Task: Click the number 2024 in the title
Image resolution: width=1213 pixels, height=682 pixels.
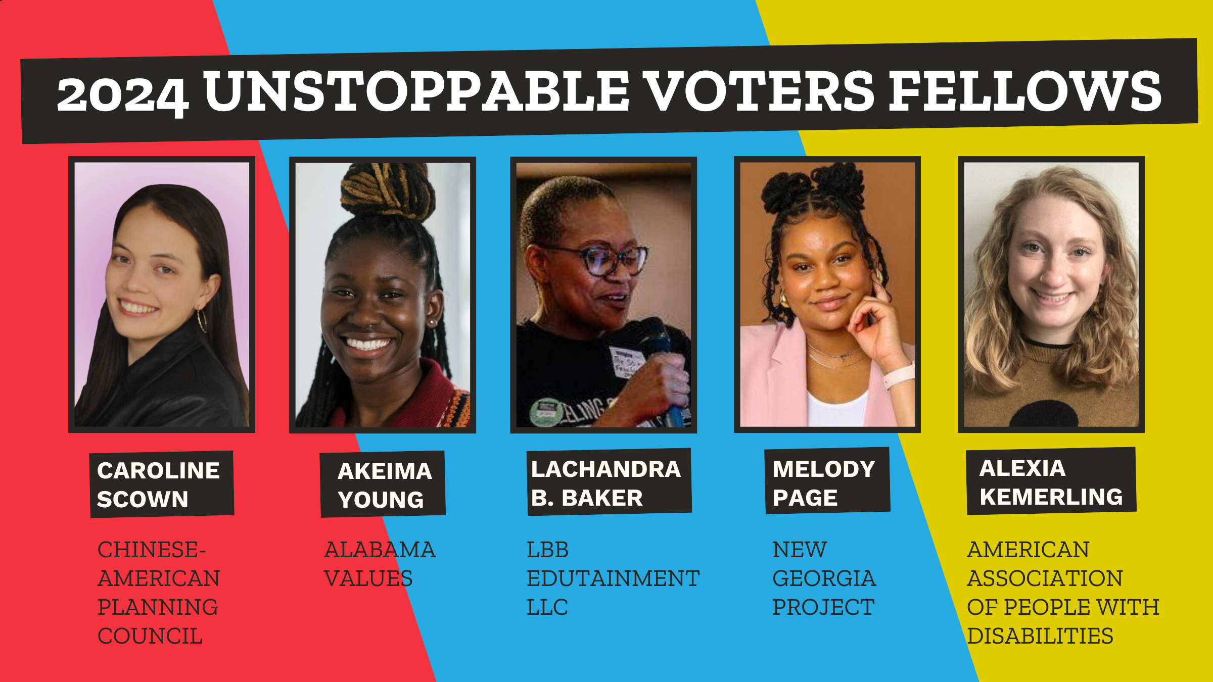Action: (x=122, y=95)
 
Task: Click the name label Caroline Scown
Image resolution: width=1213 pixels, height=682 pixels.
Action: (x=162, y=484)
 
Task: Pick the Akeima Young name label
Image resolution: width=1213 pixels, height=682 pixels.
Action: (x=383, y=484)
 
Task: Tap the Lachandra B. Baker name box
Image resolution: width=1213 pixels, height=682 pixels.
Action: (x=609, y=482)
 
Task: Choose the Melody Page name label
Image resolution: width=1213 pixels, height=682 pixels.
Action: (x=827, y=481)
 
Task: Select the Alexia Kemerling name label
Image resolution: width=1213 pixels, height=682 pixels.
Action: (x=1051, y=481)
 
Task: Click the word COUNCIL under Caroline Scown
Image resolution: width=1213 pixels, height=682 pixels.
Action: (x=150, y=636)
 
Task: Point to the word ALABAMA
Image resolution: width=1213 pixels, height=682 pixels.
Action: (x=380, y=550)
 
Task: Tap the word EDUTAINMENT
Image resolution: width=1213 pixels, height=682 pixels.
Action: (x=613, y=578)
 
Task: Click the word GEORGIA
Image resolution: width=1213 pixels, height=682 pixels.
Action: (x=824, y=578)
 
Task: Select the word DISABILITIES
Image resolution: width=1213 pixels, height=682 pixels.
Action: (x=1040, y=636)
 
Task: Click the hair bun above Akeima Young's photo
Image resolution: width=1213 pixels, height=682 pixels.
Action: (x=387, y=189)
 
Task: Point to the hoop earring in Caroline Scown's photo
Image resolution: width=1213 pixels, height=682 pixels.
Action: (x=202, y=320)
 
